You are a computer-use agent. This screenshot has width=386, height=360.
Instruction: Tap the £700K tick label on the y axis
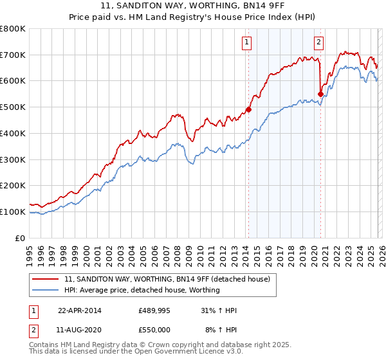(x=13, y=55)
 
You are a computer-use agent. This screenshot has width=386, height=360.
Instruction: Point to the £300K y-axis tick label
(x=13, y=159)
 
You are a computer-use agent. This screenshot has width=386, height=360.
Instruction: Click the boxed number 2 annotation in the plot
(x=318, y=43)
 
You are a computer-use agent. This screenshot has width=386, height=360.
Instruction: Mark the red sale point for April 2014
(x=249, y=109)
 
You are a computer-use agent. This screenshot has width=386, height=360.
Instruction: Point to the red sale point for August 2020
(x=320, y=94)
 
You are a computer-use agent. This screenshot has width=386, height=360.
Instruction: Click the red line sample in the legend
(x=47, y=279)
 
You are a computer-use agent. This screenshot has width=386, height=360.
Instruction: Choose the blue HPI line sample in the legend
(x=47, y=290)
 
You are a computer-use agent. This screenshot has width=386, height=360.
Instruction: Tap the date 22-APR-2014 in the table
(x=80, y=310)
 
